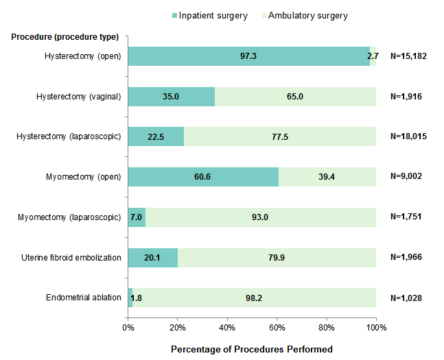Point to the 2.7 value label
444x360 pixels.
(x=373, y=56)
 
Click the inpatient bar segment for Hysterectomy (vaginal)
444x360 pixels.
(x=172, y=97)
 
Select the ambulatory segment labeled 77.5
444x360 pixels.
(x=279, y=136)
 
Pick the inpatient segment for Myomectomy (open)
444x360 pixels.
(x=202, y=177)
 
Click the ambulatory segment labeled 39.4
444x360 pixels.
(x=327, y=177)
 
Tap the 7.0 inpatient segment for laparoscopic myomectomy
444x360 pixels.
(x=137, y=217)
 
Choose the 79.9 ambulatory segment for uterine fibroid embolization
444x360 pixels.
(x=277, y=258)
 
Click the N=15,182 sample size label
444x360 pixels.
(x=409, y=56)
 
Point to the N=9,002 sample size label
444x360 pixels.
(x=406, y=177)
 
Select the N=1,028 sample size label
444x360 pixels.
(x=406, y=298)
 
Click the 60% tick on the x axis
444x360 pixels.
(x=277, y=328)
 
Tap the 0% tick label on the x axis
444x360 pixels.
(x=128, y=328)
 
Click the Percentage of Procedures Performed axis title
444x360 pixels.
(x=252, y=349)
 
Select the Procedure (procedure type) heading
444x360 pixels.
(x=65, y=37)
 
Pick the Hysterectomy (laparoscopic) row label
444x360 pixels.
(x=69, y=136)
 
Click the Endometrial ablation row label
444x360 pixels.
(x=84, y=298)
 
